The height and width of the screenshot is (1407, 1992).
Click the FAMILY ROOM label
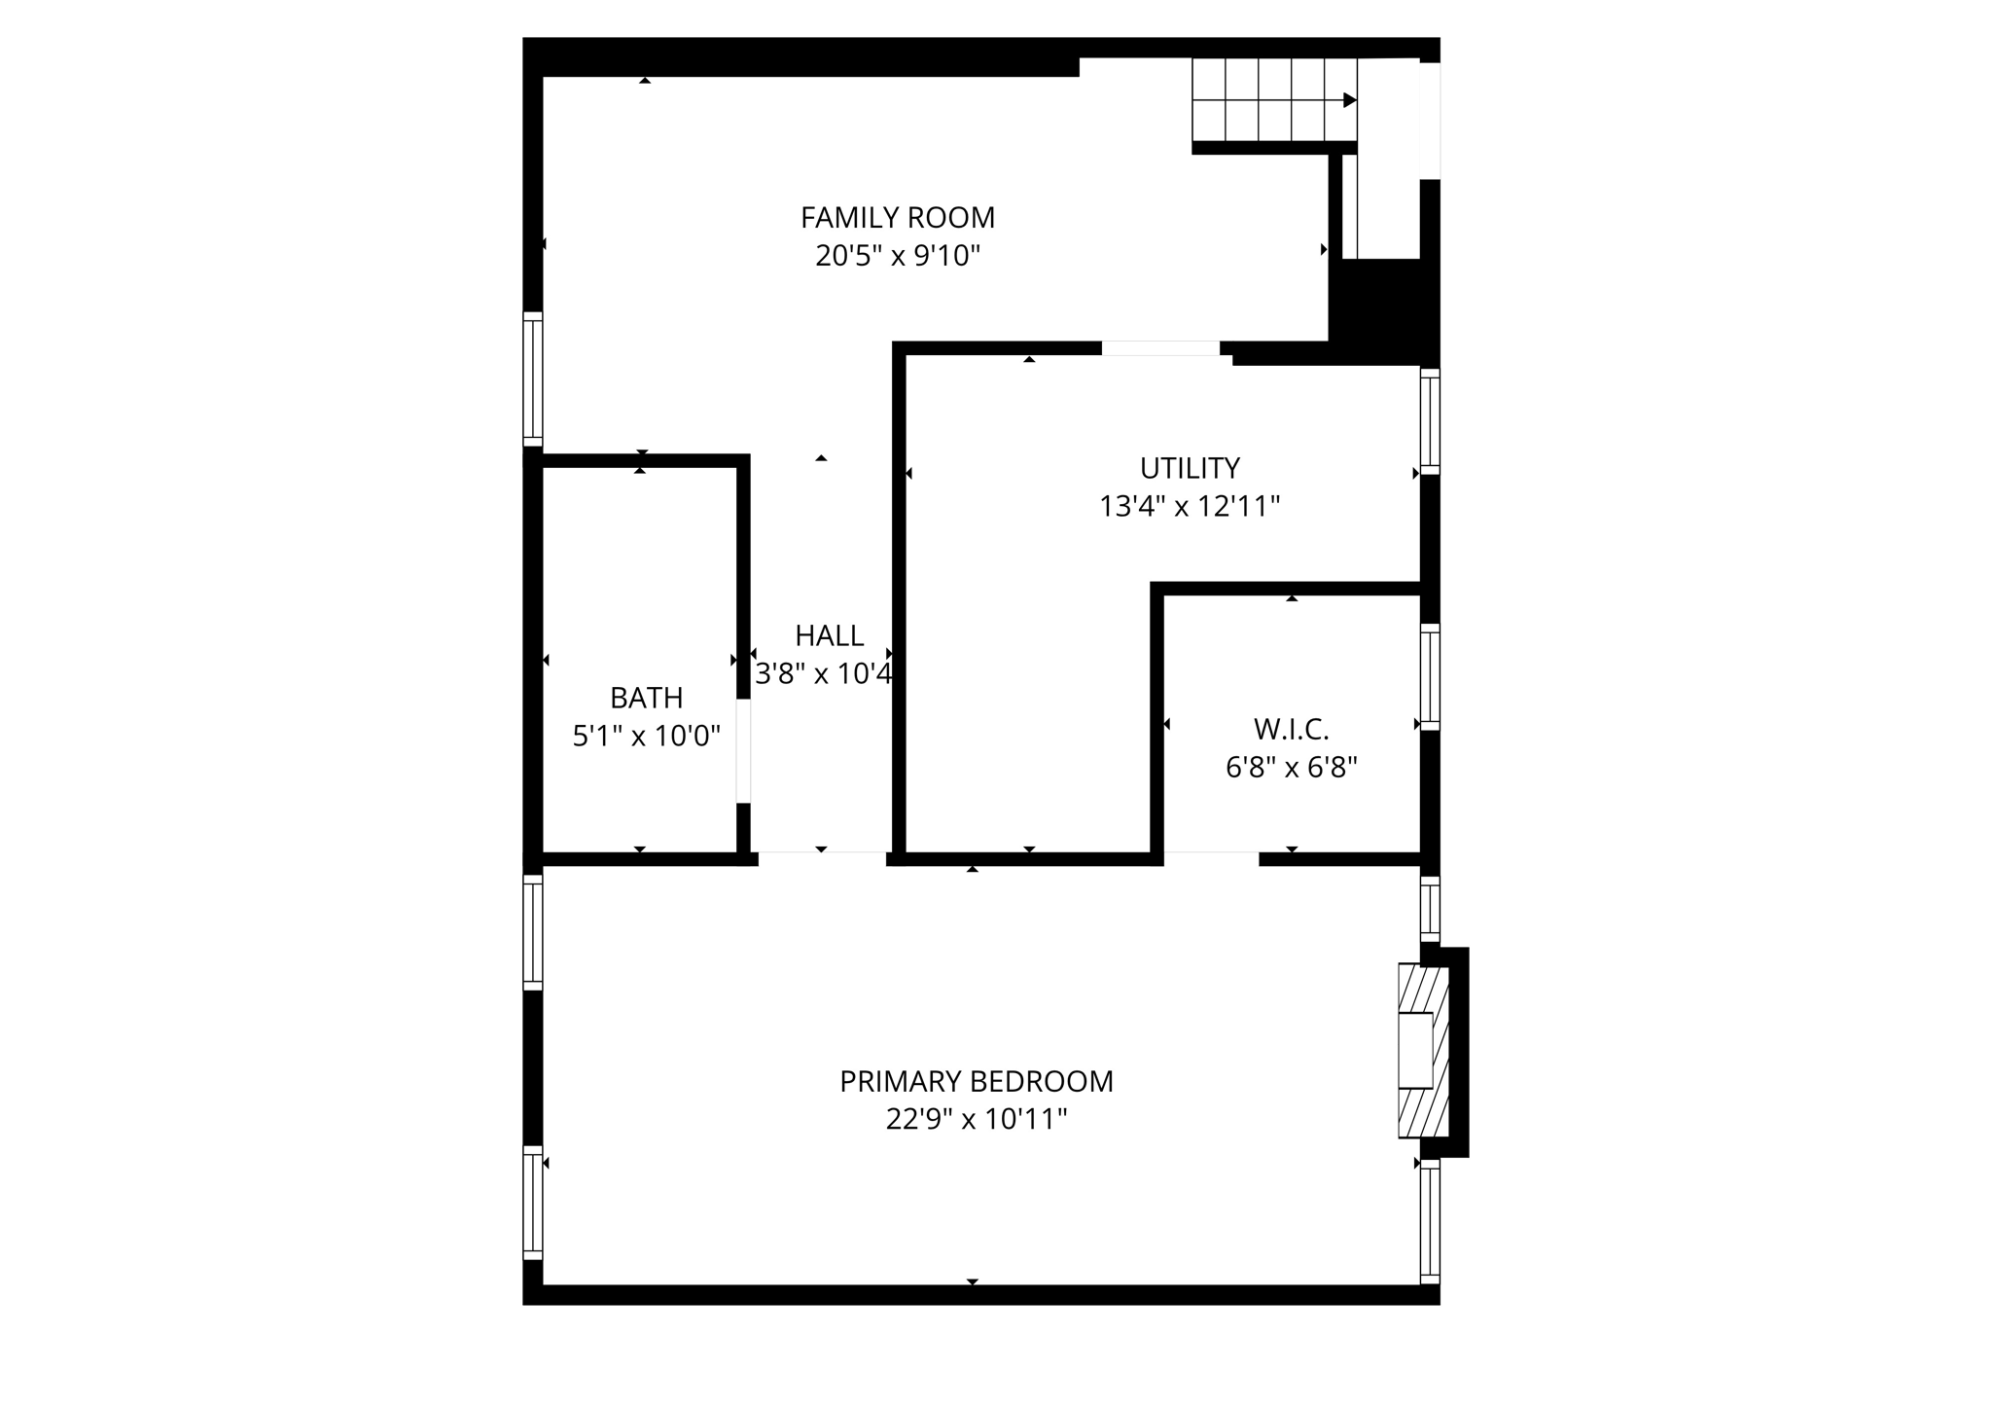tap(897, 217)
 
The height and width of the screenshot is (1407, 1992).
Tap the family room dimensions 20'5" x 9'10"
tap(897, 256)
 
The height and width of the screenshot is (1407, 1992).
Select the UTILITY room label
tap(1190, 468)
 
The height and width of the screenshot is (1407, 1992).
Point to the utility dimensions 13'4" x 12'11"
tap(1190, 507)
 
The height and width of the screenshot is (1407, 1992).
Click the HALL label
tap(829, 635)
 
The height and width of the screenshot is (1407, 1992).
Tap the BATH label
tap(646, 698)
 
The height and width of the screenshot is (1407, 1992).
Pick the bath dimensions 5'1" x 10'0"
tap(646, 737)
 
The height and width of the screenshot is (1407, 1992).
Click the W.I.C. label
tap(1291, 729)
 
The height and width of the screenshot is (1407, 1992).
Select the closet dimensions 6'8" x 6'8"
tap(1291, 768)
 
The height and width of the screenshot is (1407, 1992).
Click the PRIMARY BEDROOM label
tap(976, 1081)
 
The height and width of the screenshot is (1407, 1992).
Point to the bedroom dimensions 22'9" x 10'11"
tap(976, 1120)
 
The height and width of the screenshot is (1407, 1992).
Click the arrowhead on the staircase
tap(1349, 100)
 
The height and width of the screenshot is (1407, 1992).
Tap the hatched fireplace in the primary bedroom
tap(1423, 1050)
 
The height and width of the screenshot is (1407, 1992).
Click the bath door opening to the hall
tap(743, 750)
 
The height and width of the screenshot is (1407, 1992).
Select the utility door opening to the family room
tap(1160, 348)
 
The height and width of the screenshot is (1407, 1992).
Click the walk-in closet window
tap(1429, 676)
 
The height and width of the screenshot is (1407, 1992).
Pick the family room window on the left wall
tap(532, 379)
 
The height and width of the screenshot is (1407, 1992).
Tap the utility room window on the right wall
tap(1429, 421)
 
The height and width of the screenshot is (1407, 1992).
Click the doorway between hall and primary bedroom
tap(822, 858)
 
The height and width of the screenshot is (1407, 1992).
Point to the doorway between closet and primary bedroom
tap(1211, 858)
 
